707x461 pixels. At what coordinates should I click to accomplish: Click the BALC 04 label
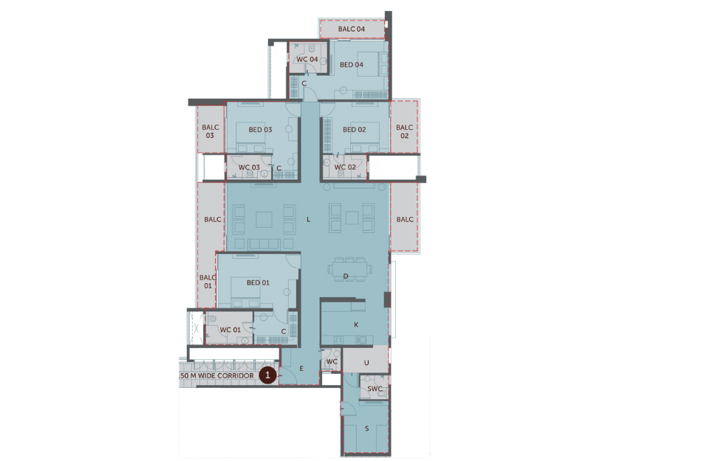coord(352,30)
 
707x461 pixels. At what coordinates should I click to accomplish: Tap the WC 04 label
coord(307,59)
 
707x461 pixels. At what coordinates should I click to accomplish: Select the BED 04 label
coord(352,65)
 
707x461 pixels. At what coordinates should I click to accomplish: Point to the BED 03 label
coord(260,130)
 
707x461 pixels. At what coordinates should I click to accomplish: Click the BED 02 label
coord(355,130)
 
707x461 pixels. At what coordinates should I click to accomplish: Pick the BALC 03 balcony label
coord(210,131)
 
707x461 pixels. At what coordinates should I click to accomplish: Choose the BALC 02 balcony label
coord(405,131)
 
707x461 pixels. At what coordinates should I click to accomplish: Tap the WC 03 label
coord(249,167)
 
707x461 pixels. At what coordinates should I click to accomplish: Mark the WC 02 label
coord(345,167)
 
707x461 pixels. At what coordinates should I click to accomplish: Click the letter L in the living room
coord(308,219)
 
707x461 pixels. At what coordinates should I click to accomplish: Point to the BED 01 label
coord(258,283)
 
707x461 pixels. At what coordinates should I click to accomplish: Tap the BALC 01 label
coord(208,281)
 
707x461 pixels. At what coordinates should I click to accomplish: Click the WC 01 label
coord(230,330)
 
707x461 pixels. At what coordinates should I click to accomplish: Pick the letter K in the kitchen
coord(355,325)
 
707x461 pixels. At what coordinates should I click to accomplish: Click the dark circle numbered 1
coord(268,375)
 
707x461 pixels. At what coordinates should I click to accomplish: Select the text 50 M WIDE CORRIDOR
coord(217,376)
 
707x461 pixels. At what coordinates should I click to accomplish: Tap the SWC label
coord(375,389)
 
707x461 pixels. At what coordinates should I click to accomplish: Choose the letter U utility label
coord(366,363)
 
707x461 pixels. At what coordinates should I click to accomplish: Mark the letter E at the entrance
coord(301,367)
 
